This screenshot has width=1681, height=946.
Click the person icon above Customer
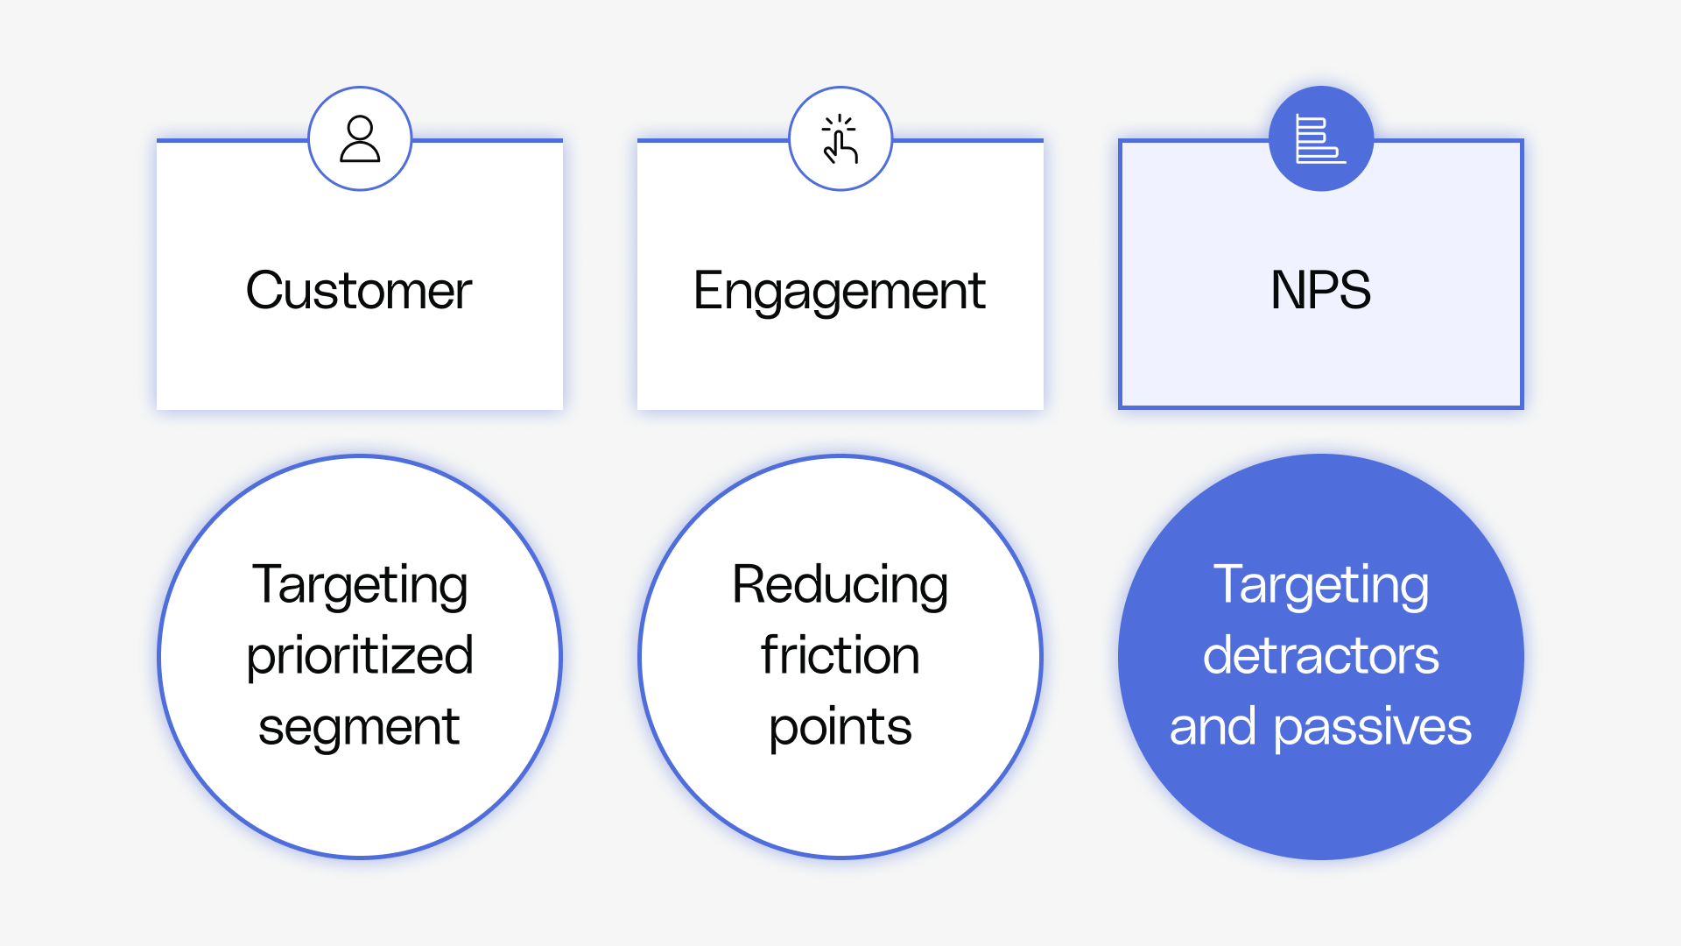[360, 139]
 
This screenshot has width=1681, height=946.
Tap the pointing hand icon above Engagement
[840, 141]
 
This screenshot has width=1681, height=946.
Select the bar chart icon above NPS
[1320, 139]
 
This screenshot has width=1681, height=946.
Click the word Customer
[359, 291]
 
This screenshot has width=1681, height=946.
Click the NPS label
[1320, 290]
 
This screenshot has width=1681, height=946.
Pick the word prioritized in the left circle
[360, 655]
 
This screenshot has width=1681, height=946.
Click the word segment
[359, 727]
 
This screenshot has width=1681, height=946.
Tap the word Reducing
[840, 585]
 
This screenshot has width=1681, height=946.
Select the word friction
[840, 655]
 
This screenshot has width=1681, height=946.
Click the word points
[840, 727]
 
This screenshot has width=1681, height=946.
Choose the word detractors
[1320, 655]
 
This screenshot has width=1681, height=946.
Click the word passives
[1372, 727]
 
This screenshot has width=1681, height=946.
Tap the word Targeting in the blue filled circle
[1320, 585]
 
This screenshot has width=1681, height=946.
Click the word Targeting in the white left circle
[360, 585]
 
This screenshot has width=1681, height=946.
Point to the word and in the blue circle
[1213, 727]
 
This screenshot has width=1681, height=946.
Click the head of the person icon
[360, 128]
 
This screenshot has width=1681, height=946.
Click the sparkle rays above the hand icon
[840, 122]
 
